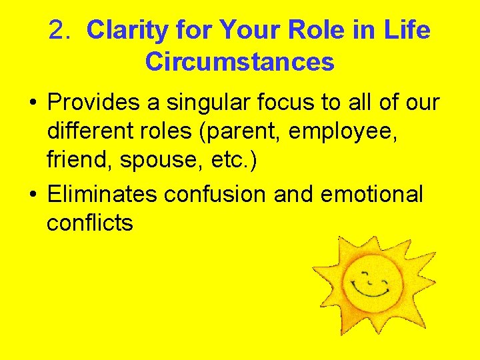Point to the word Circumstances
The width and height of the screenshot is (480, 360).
pos(239,62)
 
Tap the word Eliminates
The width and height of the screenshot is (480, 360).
pos(102,195)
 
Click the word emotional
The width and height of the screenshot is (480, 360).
pos(371,195)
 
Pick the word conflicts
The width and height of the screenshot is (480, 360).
pos(90,223)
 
